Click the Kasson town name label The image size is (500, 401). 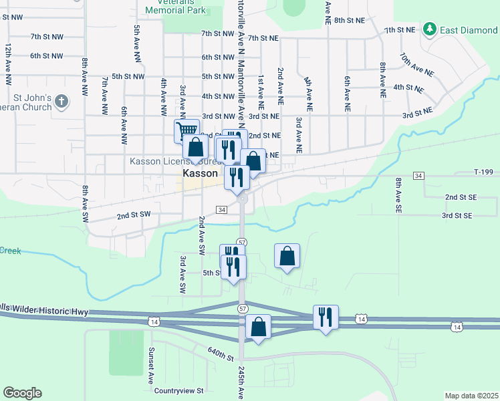(x=199, y=172)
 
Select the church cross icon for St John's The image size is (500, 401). (x=61, y=102)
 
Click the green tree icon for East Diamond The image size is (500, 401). (x=429, y=29)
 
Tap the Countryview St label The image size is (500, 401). (x=178, y=390)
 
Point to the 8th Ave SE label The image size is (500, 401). (x=398, y=194)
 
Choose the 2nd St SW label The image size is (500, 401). (x=134, y=216)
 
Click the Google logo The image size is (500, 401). (x=22, y=393)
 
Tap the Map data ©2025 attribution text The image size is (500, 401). (x=471, y=396)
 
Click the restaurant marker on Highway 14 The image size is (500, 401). (x=326, y=316)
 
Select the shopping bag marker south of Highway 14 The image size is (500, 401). (x=258, y=327)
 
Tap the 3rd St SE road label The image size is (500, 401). (x=457, y=215)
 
